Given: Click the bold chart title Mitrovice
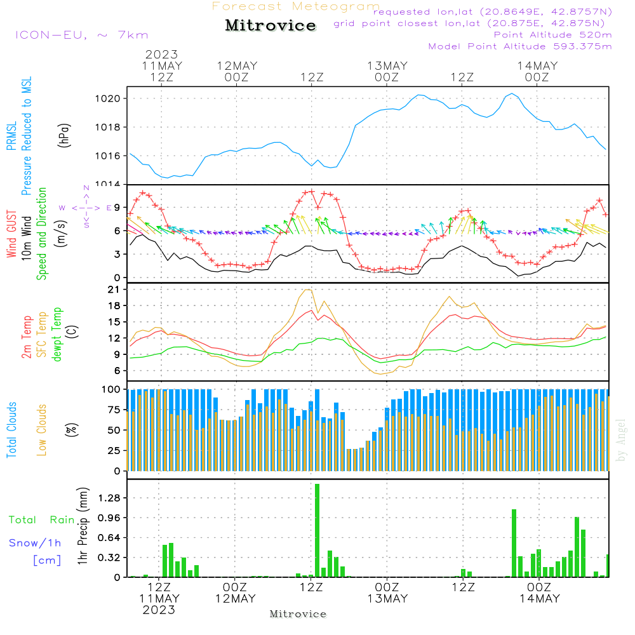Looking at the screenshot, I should pos(271,25).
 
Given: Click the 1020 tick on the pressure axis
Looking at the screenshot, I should pos(108,98).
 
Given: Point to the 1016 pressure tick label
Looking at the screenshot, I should pos(108,156).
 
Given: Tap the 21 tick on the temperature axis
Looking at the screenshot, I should pos(116,290).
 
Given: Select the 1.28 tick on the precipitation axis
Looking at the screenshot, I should pos(109,498).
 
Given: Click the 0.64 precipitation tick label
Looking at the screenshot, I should pos(109,538).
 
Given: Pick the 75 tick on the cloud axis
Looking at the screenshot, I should pos(114,410).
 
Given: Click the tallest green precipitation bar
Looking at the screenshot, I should pos(317,530).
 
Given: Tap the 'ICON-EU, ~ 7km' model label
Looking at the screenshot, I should pos(81,35).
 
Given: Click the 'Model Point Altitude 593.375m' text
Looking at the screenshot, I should pos(520,46).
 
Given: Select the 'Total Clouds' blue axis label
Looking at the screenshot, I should pos(11,430).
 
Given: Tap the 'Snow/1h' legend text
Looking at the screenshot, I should pos(36,543).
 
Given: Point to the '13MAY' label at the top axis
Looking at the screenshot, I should pos(387,66).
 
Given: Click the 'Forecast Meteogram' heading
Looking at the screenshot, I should pos(296,6).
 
